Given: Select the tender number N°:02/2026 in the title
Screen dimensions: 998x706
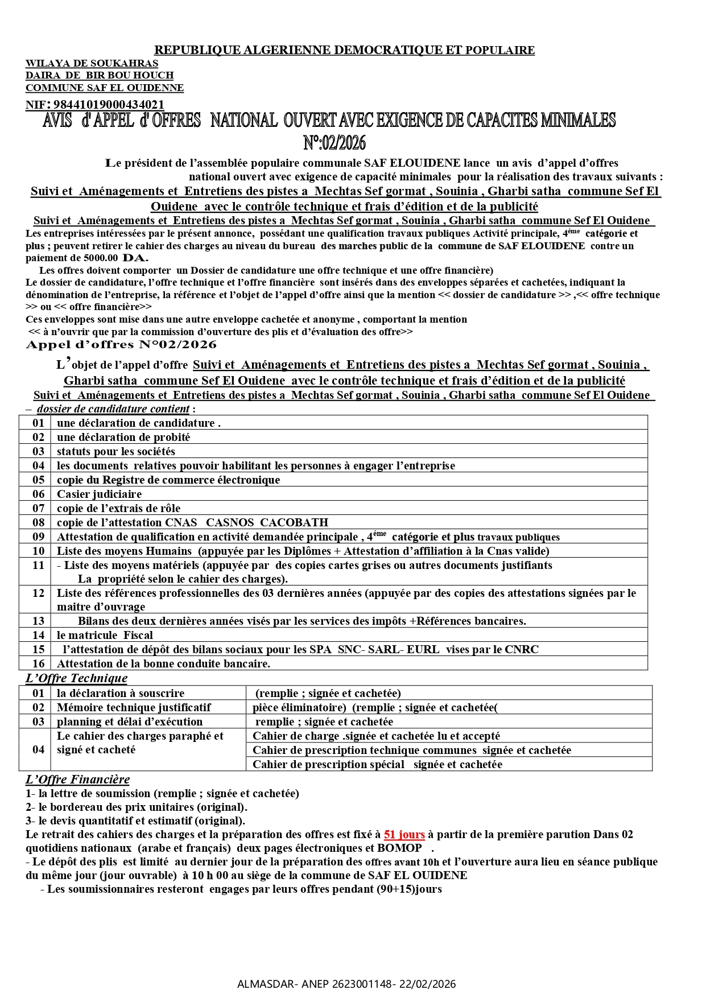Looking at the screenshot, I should [x=335, y=142].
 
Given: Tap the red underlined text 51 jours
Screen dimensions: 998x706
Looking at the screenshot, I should [x=404, y=835].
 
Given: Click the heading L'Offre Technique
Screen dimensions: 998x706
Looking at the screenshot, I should [x=76, y=678].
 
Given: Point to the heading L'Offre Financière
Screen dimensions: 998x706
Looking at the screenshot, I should [x=77, y=780].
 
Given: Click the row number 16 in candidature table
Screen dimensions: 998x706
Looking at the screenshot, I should [x=38, y=663].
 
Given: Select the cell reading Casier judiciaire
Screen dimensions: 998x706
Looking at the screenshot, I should [x=99, y=494].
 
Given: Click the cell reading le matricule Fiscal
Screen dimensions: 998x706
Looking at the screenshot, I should [x=105, y=635].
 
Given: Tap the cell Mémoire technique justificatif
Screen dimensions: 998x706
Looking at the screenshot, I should [x=134, y=707].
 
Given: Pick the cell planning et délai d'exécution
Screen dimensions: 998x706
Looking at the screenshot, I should [x=130, y=721].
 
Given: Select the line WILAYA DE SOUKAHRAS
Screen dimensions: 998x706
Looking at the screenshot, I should [x=92, y=63].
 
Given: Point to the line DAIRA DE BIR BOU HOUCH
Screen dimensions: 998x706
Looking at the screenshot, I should [x=100, y=75].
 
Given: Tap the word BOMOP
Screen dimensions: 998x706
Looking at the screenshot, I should [x=399, y=848].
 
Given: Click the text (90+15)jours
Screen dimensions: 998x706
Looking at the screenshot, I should [x=409, y=889].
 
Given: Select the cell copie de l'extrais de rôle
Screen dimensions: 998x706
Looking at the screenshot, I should [x=118, y=508].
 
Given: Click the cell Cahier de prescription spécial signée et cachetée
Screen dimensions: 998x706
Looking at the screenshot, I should [x=377, y=764].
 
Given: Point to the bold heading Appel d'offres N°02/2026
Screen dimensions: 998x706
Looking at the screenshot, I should [x=121, y=345].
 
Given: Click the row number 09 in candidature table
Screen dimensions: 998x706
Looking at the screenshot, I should [x=38, y=537].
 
